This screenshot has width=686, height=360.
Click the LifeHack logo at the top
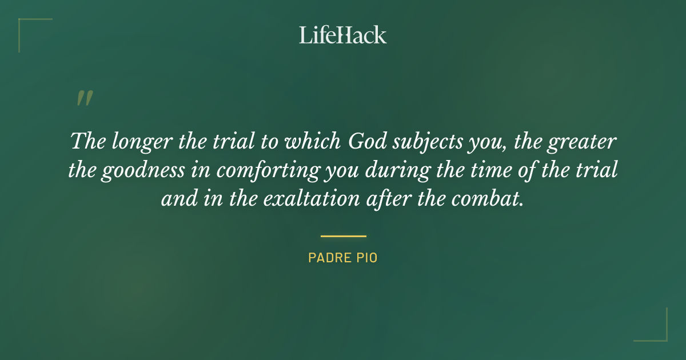343,35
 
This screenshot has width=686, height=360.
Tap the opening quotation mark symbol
84,99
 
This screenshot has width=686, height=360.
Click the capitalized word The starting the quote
87,141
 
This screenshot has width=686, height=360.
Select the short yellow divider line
343,235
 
